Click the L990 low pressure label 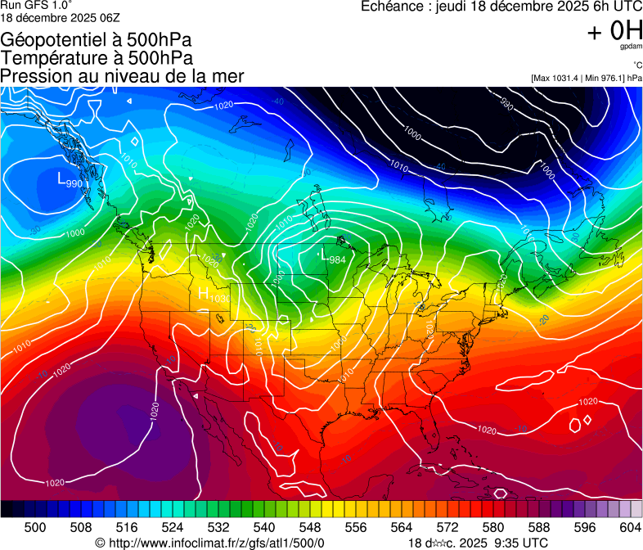click(70, 180)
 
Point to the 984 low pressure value click(336, 260)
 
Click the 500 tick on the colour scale click(35, 528)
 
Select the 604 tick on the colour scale click(631, 528)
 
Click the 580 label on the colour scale click(493, 528)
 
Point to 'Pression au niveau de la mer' click(123, 76)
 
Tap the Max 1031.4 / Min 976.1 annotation click(586, 78)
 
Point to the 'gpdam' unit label click(630, 47)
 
